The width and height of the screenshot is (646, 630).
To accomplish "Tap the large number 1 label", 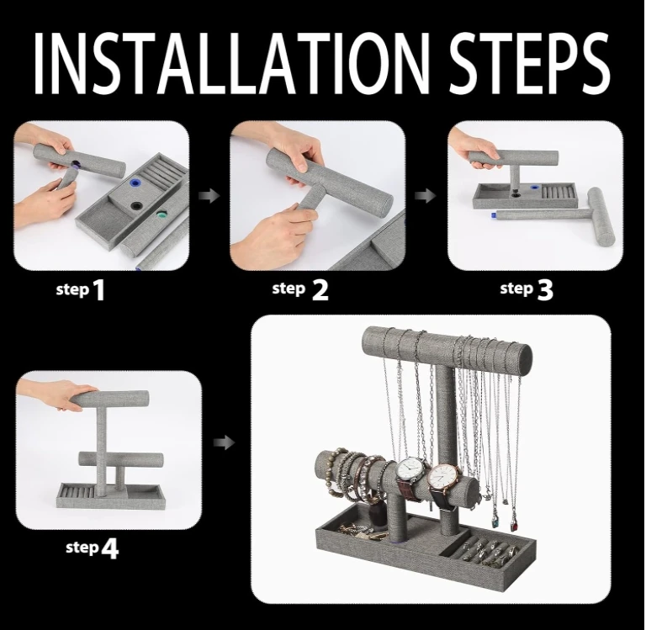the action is [99, 290].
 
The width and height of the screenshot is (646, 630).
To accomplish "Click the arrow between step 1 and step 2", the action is [209, 196].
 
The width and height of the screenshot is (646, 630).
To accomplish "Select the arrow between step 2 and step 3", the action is [425, 196].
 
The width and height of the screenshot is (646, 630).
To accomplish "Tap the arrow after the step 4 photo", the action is [224, 443].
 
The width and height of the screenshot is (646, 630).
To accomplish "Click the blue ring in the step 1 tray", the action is [135, 183].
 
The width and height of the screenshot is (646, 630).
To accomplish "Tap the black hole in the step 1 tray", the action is [135, 204].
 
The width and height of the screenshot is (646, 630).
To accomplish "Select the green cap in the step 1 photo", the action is [162, 215].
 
